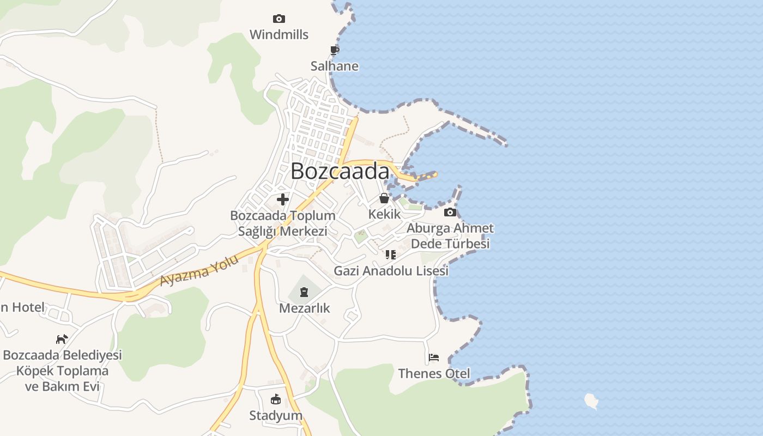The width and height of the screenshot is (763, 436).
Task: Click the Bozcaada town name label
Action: (340, 171)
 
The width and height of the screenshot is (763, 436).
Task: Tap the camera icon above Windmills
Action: (279, 19)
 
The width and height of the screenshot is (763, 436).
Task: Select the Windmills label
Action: (279, 35)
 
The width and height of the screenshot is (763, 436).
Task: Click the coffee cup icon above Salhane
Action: (335, 51)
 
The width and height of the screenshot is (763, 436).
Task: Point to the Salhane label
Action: (335, 66)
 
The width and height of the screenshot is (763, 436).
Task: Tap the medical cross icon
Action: (283, 199)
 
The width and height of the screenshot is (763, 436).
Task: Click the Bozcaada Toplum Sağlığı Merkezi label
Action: (283, 223)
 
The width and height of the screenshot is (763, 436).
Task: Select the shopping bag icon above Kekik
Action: (384, 198)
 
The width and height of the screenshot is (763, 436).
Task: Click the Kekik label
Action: (384, 214)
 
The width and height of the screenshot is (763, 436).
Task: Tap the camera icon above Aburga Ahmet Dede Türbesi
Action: (450, 213)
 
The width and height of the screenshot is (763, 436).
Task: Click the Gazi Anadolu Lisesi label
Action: (391, 271)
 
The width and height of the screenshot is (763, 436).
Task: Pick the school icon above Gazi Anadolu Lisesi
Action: (391, 255)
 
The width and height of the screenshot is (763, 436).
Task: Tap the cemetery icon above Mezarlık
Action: (304, 293)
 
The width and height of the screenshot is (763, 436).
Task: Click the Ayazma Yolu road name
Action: (199, 271)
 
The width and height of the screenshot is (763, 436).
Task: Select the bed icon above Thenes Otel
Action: (434, 358)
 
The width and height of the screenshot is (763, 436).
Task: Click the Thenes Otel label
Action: (434, 374)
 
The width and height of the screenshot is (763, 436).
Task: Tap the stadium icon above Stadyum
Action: (276, 399)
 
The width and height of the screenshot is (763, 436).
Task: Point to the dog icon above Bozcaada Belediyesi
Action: (62, 339)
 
